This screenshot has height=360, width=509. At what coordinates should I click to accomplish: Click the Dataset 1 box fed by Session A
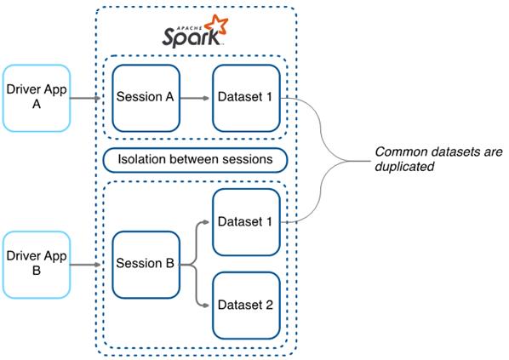(x=245, y=97)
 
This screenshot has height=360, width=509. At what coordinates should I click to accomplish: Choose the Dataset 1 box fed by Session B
(x=245, y=222)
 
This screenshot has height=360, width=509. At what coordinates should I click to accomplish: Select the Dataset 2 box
(x=245, y=304)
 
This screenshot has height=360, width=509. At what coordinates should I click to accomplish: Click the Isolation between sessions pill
(x=195, y=159)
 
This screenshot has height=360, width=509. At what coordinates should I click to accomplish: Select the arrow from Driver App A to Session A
(x=89, y=98)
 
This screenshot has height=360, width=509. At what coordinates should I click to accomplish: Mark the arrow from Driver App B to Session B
(x=89, y=265)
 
